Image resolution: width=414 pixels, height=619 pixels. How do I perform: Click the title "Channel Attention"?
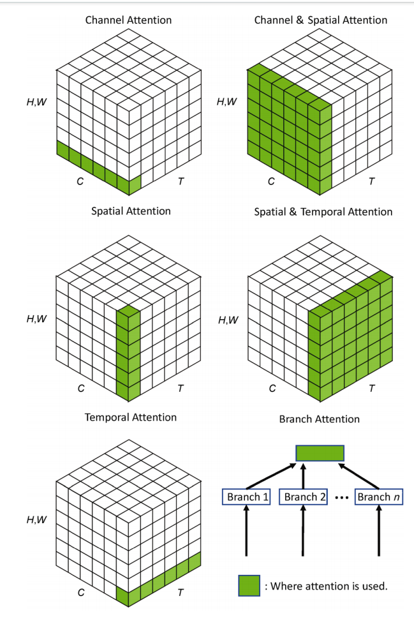coord(128,20)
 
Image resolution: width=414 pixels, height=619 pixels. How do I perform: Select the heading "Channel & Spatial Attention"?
coord(320,20)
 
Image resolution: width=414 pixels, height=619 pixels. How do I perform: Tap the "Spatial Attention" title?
coord(131,211)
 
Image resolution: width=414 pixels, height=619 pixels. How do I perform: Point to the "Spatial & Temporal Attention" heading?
coord(323,211)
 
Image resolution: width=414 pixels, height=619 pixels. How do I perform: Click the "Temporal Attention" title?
coord(131,417)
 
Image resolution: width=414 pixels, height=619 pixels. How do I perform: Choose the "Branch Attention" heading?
coord(319,419)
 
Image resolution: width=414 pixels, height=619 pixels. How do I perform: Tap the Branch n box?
coord(378,497)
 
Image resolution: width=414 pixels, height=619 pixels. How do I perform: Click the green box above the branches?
coord(320,454)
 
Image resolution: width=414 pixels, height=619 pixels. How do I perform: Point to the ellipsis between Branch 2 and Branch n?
coord(341,498)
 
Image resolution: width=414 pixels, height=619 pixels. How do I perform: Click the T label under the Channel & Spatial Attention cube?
coord(371,181)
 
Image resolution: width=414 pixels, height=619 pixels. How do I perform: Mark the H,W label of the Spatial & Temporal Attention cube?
coord(228,320)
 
